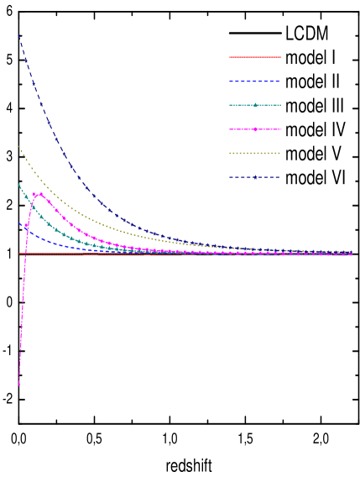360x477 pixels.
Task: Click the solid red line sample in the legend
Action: tap(255, 58)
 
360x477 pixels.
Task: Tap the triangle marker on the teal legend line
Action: tap(255, 105)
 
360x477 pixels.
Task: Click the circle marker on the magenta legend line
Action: tap(255, 129)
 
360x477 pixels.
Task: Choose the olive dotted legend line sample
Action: tap(255, 153)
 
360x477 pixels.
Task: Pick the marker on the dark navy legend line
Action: tap(255, 177)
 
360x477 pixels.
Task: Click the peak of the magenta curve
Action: tap(39, 194)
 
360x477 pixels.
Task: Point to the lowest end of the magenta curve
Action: tap(19, 385)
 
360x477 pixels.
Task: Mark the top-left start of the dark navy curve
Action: tap(19, 35)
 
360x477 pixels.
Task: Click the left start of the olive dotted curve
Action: tap(19, 148)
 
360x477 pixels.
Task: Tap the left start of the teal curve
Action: tap(19, 185)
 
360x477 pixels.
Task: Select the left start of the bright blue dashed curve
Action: tap(19, 223)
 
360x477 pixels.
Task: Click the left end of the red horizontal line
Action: tap(19, 254)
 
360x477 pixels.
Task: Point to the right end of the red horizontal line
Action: tap(352, 254)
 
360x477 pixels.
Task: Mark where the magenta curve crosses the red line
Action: tap(24, 254)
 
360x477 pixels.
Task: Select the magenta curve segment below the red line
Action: tap(22, 319)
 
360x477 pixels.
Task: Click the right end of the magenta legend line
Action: tap(281, 129)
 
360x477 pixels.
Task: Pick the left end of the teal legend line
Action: tap(230, 105)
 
